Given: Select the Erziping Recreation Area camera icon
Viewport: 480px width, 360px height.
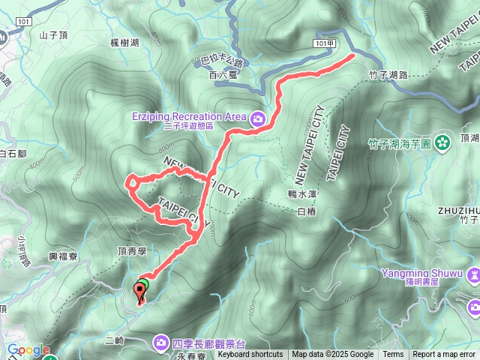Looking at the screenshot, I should tap(257, 118).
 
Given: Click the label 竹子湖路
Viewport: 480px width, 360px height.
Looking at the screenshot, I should tap(389, 76).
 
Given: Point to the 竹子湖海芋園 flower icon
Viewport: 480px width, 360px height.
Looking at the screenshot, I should tap(442, 139).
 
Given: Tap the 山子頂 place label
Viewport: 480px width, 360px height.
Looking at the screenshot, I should tap(53, 34).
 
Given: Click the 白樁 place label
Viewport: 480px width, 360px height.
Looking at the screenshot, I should tap(307, 212).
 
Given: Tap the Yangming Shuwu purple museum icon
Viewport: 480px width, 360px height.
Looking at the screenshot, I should tap(473, 274).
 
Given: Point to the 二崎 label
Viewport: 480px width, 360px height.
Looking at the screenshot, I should tap(115, 340).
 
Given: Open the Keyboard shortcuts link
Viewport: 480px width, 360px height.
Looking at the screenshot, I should tap(250, 355).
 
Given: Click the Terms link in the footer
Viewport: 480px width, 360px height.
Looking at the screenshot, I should tap(393, 355).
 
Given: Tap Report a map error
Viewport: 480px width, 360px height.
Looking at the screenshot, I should tap(445, 355).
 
